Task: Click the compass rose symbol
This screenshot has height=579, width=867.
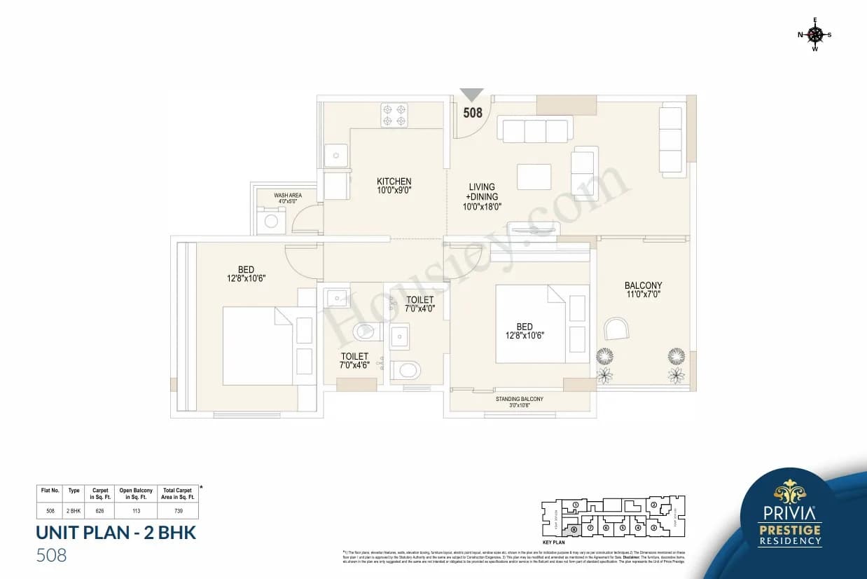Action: (x=814, y=34)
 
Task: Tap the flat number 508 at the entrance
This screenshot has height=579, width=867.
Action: (x=473, y=112)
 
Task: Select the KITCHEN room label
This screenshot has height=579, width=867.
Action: (x=394, y=186)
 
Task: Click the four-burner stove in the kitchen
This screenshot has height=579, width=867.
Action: (x=394, y=115)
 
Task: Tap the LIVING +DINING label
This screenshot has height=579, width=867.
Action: (x=482, y=196)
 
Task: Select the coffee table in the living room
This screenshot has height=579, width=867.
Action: (x=534, y=177)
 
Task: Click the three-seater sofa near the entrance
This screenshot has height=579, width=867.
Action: (x=535, y=130)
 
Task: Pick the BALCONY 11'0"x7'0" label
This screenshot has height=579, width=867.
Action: (x=643, y=289)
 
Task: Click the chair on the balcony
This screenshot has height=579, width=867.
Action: (x=616, y=329)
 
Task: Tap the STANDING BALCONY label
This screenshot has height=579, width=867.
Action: (x=519, y=402)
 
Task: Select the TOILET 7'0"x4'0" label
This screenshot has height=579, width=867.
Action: (x=420, y=304)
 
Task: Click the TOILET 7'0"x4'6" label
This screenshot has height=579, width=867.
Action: (x=354, y=360)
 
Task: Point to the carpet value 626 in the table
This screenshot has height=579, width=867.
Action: (x=99, y=511)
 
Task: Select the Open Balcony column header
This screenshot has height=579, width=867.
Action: (x=136, y=493)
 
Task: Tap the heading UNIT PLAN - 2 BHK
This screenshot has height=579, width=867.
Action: (x=116, y=533)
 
